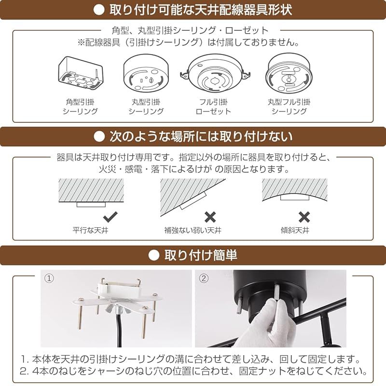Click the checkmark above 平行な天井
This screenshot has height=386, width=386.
(110, 217)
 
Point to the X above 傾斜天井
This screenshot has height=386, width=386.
(304, 217)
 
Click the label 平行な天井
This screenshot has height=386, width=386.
(90, 231)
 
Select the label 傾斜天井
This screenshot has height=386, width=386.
(295, 231)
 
